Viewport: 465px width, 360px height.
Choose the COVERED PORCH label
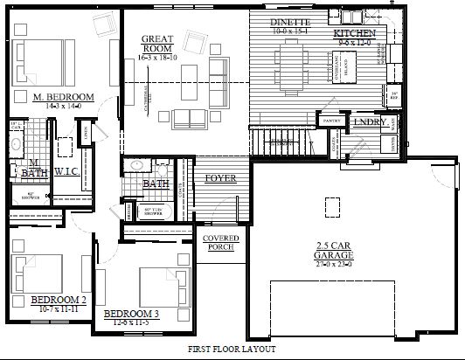click(220, 244)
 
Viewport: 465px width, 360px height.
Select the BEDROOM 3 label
click(131, 314)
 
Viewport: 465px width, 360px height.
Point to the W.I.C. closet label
click(67, 171)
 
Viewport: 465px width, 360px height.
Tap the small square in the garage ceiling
click(331, 206)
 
